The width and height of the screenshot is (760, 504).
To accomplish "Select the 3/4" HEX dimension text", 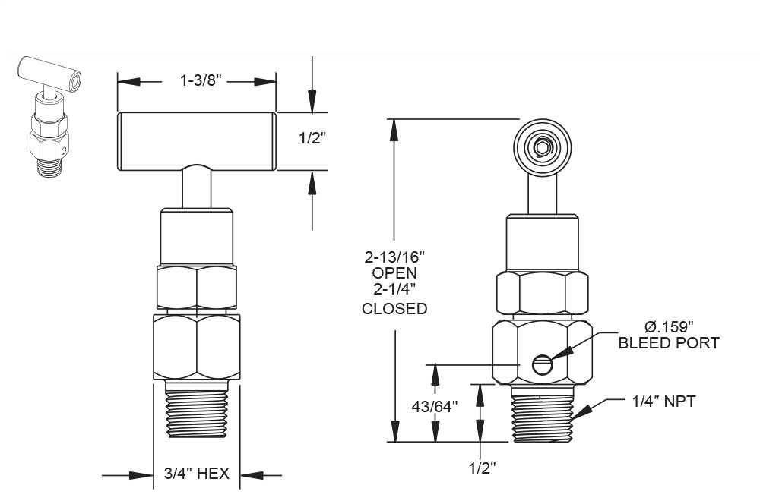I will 197,476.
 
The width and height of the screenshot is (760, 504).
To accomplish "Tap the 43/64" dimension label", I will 435,407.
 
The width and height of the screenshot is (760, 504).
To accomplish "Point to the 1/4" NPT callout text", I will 663,402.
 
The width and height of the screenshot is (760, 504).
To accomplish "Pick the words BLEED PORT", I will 669,343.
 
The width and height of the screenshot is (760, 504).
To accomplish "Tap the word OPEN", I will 394,272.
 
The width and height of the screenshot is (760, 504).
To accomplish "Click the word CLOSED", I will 394,309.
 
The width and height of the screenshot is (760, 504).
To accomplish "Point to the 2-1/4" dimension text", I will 394,289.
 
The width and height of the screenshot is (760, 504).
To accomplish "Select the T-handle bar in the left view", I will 196,141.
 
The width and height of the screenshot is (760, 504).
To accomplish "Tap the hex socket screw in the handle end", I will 541,148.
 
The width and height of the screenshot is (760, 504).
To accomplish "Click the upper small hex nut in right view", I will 542,292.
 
